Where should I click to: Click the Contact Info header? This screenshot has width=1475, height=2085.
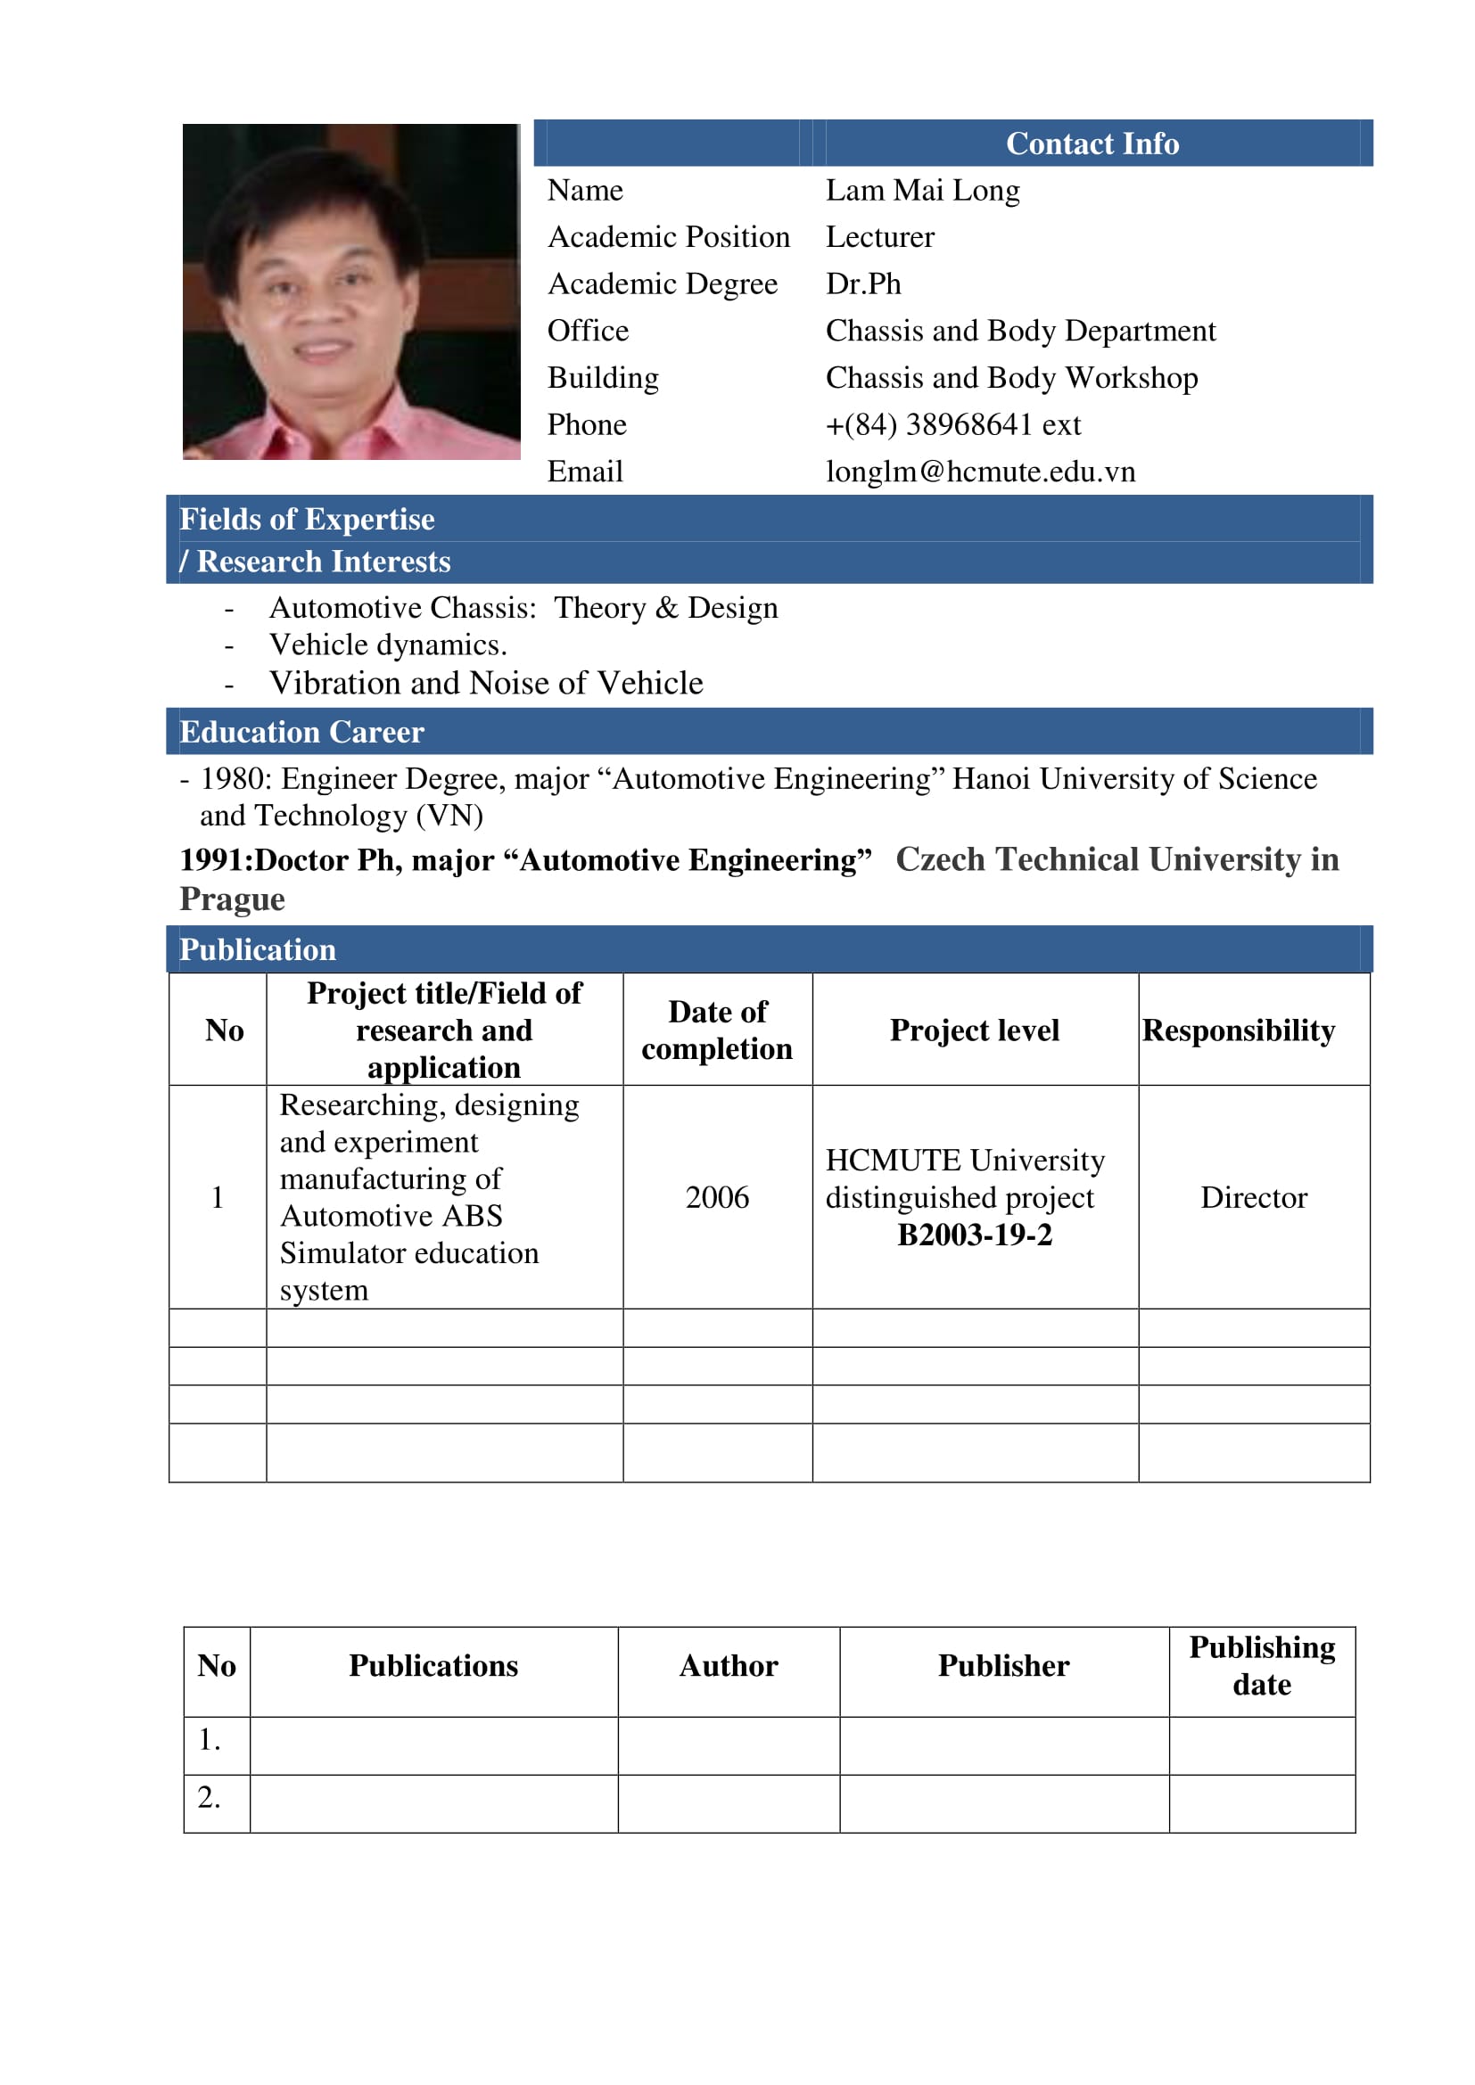1092,144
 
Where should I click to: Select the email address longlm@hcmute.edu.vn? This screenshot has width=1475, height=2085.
980,472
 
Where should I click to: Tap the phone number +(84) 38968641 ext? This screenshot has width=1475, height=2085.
952,424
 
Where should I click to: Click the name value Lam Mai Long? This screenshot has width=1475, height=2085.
922,191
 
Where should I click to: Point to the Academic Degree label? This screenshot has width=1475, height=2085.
662,284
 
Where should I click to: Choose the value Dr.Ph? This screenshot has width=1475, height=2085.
863,284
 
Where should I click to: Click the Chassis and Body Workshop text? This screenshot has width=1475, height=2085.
1011,378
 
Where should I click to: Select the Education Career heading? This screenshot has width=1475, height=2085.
301,732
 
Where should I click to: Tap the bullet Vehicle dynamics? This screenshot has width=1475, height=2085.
388,644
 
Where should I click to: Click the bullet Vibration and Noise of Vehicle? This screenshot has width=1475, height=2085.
486,683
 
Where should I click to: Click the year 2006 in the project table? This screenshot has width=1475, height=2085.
717,1198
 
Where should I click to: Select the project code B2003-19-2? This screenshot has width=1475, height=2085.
975,1235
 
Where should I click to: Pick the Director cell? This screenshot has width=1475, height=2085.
1253,1198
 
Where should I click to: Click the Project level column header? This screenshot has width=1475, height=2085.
975,1030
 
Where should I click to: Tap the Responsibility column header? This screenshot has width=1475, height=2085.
1238,1030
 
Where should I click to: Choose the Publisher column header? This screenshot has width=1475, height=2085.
1003,1665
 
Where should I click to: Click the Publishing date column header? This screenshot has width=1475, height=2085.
1262,1665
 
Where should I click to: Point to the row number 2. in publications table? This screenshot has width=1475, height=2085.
209,1797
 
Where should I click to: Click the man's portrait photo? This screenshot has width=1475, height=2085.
350,291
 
